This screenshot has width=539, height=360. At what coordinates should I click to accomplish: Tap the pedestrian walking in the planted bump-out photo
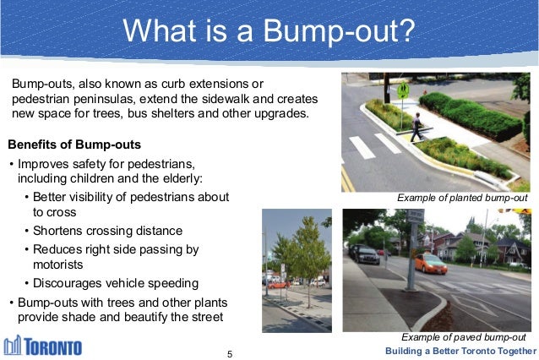[x=416, y=126]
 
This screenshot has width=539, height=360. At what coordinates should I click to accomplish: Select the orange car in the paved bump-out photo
[x=430, y=265]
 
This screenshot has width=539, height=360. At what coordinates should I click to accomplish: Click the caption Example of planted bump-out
[x=461, y=199]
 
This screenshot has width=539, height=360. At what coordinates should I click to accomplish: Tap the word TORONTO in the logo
[x=53, y=348]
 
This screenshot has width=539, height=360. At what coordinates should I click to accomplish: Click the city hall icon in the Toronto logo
[x=14, y=346]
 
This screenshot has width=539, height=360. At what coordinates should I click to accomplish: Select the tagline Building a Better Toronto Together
[x=460, y=351]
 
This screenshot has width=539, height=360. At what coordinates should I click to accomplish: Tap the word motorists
[x=59, y=265]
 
